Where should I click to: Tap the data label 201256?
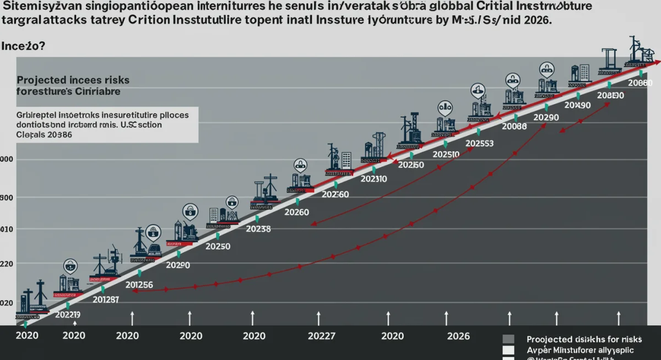click(139, 285)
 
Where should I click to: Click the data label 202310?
click(373, 178)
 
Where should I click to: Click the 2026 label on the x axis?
click(458, 336)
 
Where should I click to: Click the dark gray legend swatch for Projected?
click(508, 340)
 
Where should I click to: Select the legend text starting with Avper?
click(579, 350)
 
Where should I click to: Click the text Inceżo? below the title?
click(23, 46)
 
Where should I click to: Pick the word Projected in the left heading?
click(41, 80)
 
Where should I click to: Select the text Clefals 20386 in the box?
click(44, 134)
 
